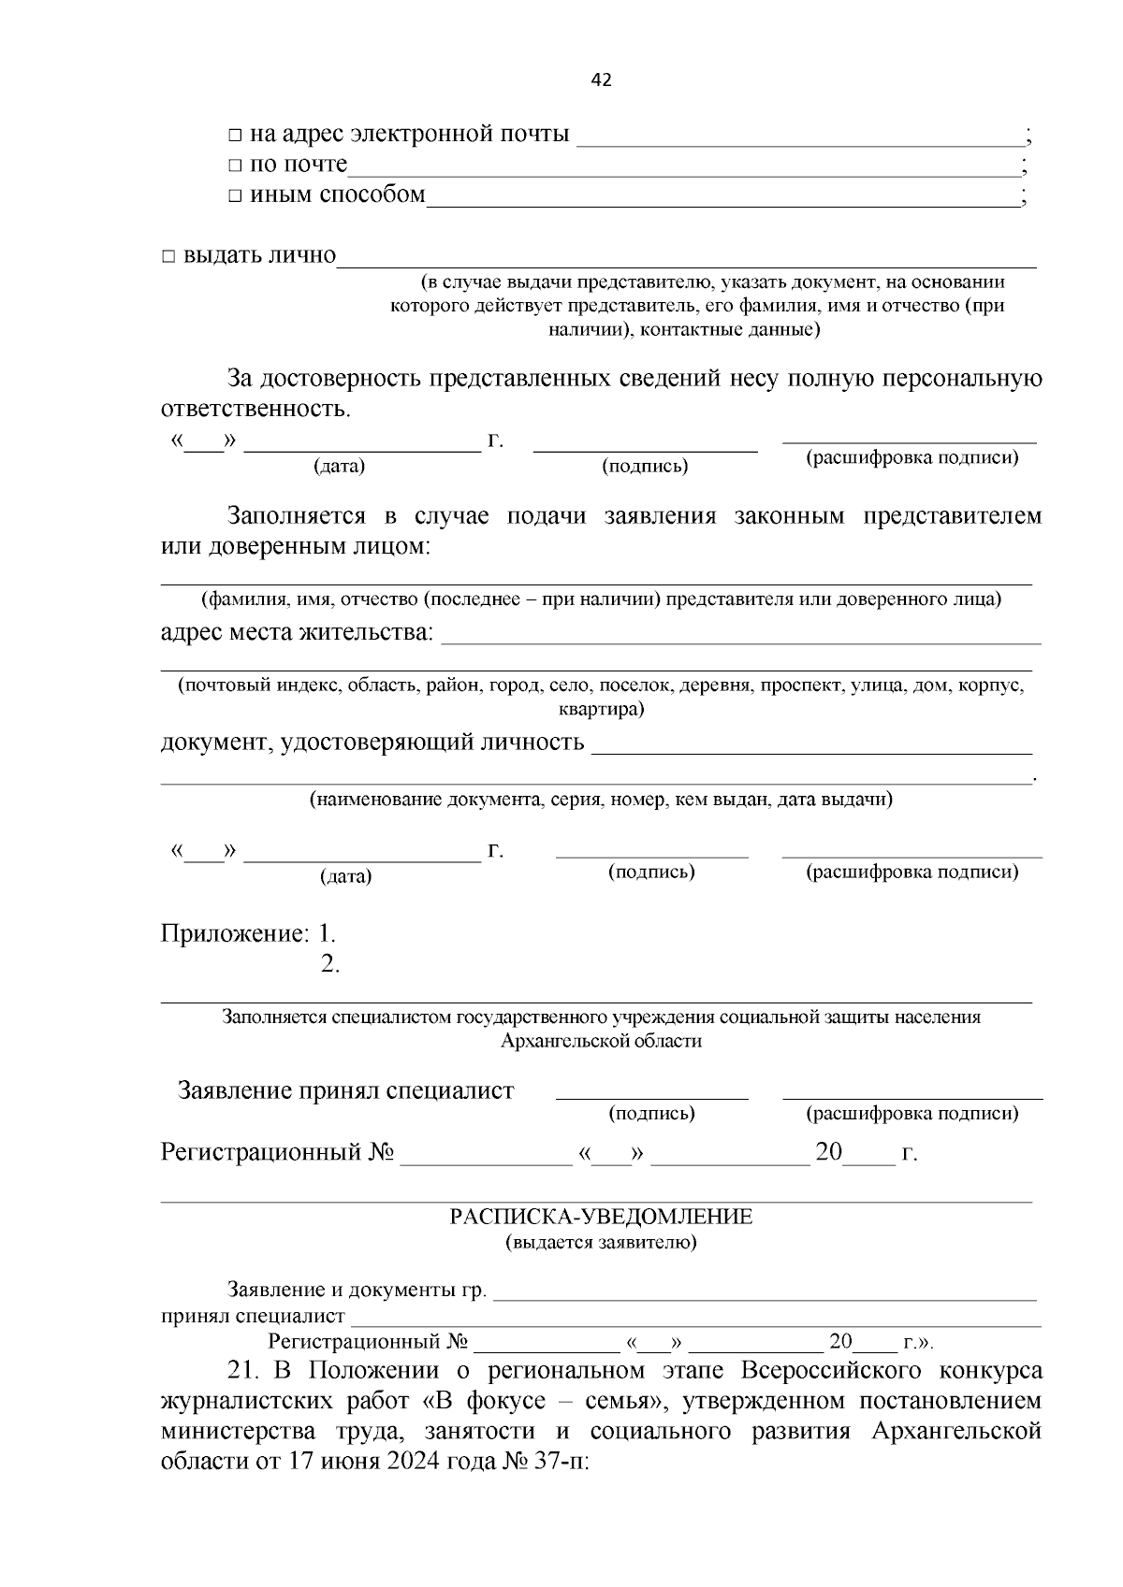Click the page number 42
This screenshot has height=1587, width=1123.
coord(601,80)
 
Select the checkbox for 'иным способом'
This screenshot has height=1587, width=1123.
coord(235,197)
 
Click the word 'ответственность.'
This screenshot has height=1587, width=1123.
coord(255,410)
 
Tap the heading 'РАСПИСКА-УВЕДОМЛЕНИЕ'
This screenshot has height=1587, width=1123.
coord(601,1217)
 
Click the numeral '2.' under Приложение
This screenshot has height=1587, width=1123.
coord(329,964)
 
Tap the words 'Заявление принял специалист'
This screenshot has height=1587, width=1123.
coord(345,1090)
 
